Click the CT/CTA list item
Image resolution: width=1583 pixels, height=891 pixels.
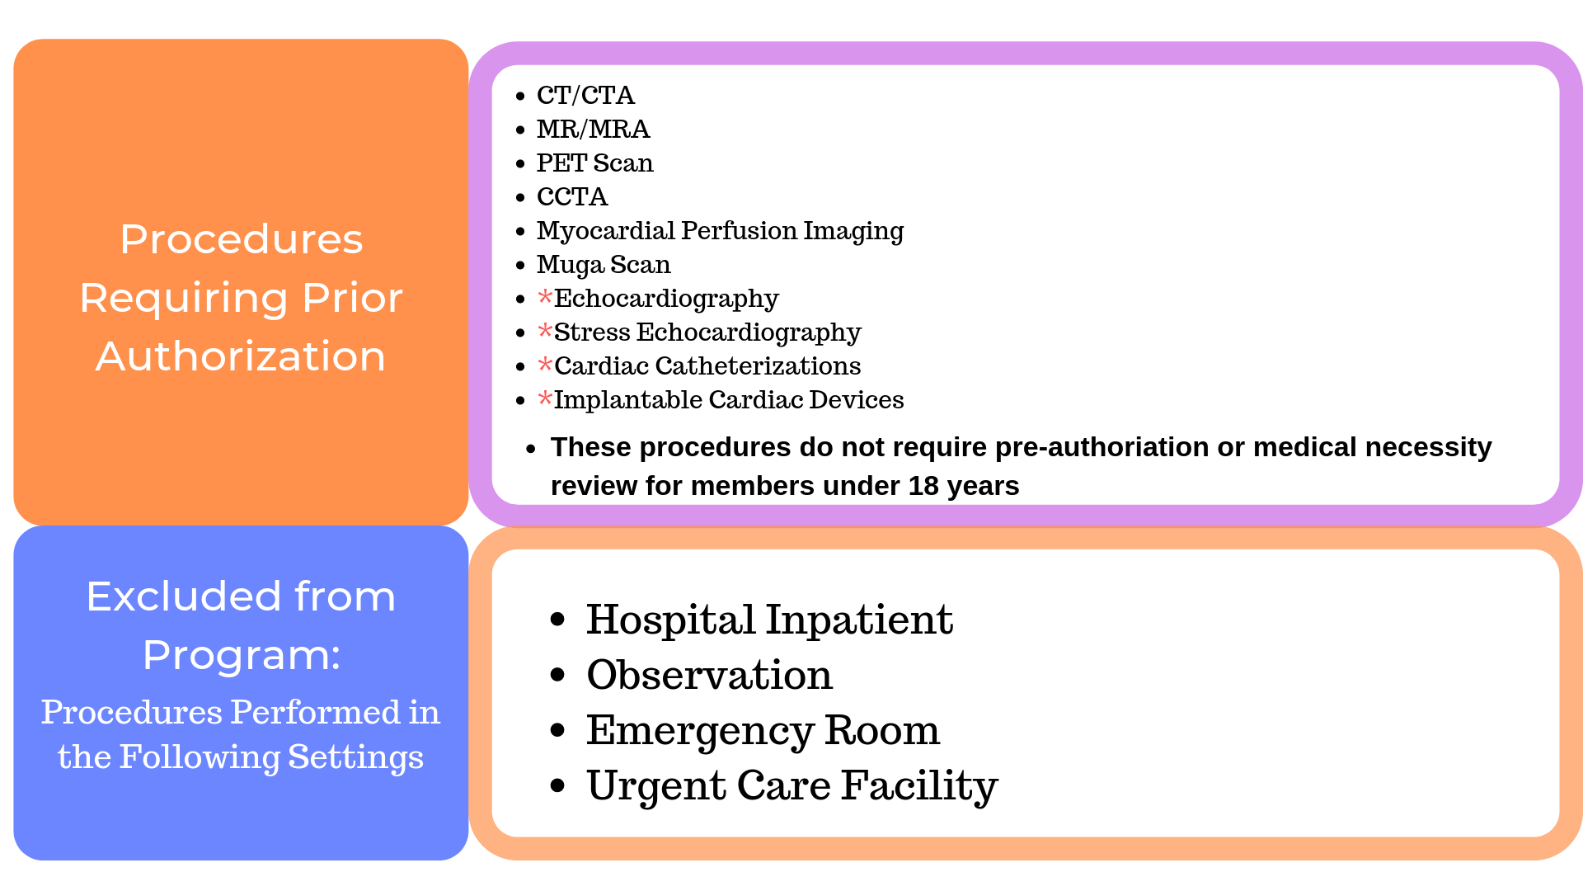pos(585,96)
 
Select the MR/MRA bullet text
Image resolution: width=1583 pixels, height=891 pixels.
pos(593,130)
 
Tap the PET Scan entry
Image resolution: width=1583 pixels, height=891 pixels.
pos(594,163)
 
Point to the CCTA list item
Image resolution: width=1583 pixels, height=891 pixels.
pos(571,197)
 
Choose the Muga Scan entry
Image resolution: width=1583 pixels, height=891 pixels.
pos(604,265)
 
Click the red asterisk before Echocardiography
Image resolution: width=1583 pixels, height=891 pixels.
pos(544,297)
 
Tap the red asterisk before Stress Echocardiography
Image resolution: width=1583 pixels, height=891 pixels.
pos(544,331)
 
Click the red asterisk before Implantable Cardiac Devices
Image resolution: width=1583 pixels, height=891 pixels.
pos(544,398)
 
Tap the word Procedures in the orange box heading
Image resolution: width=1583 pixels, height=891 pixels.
pos(241,240)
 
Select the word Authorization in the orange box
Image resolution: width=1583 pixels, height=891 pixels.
pos(241,357)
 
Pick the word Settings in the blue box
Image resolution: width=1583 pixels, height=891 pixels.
pos(355,757)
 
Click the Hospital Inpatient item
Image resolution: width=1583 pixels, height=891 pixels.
pos(768,620)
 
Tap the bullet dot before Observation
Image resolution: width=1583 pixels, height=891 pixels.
pos(558,675)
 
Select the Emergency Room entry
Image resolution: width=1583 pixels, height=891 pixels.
pos(763,731)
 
